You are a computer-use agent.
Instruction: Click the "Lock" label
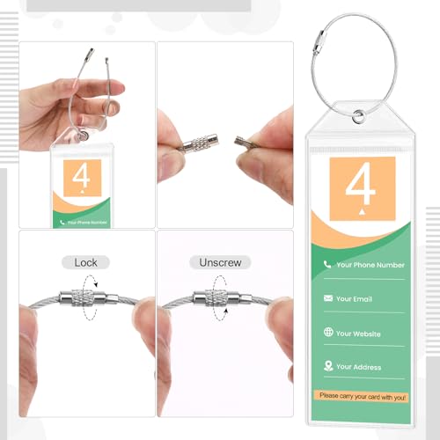pos(86,261)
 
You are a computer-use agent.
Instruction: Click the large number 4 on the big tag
pos(362,187)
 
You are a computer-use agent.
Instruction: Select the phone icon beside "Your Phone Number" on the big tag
pos(327,264)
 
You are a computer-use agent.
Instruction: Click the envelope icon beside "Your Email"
pos(327,298)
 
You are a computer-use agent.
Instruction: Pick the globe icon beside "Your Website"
pos(327,333)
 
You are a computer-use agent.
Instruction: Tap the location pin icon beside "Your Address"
pos(327,366)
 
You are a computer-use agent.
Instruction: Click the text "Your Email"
pos(355,298)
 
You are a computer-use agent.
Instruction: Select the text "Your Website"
pos(359,333)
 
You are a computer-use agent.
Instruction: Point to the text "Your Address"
pos(359,366)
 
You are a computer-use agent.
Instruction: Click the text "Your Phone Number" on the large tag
pos(370,264)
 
